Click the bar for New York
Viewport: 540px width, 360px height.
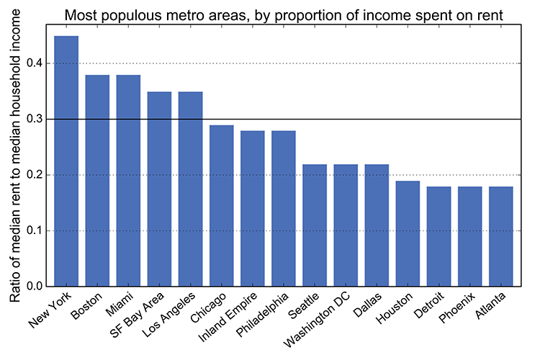coord(66,161)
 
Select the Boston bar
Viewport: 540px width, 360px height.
coord(97,181)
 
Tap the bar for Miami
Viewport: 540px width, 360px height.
coord(128,181)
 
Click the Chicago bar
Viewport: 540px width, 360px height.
coord(221,206)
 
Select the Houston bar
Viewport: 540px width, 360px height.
coord(407,234)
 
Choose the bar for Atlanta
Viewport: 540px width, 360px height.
coord(500,237)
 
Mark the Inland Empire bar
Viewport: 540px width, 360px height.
coord(252,209)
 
